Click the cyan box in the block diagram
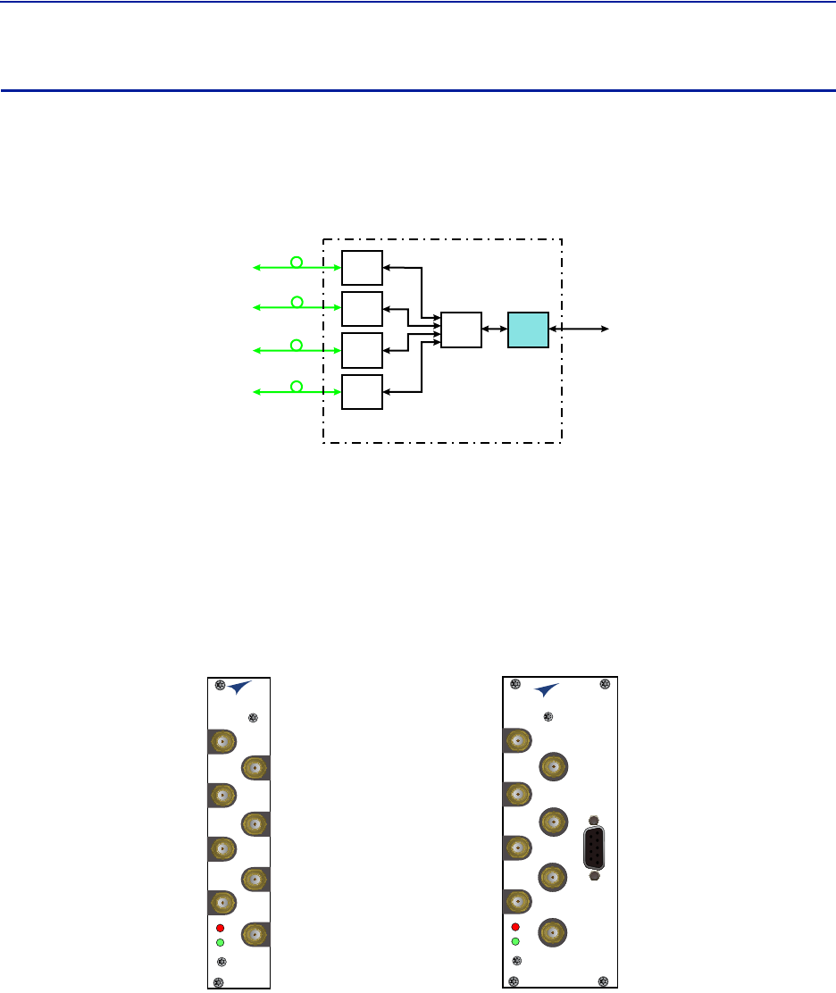pyautogui.click(x=529, y=330)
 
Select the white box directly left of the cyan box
pyautogui.click(x=461, y=330)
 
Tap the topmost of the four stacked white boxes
pyautogui.click(x=363, y=268)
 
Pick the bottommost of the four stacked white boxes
pyautogui.click(x=363, y=392)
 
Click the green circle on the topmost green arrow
pyautogui.click(x=297, y=263)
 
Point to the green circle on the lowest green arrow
pyautogui.click(x=297, y=387)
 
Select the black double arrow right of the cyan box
pyautogui.click(x=581, y=330)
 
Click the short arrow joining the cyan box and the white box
pyautogui.click(x=494, y=330)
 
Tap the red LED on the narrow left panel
pyautogui.click(x=220, y=927)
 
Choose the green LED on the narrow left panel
pyautogui.click(x=220, y=941)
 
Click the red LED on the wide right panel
pyautogui.click(x=515, y=927)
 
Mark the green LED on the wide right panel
pyautogui.click(x=515, y=941)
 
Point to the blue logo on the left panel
pyautogui.click(x=239, y=688)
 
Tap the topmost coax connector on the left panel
pyautogui.click(x=222, y=741)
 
